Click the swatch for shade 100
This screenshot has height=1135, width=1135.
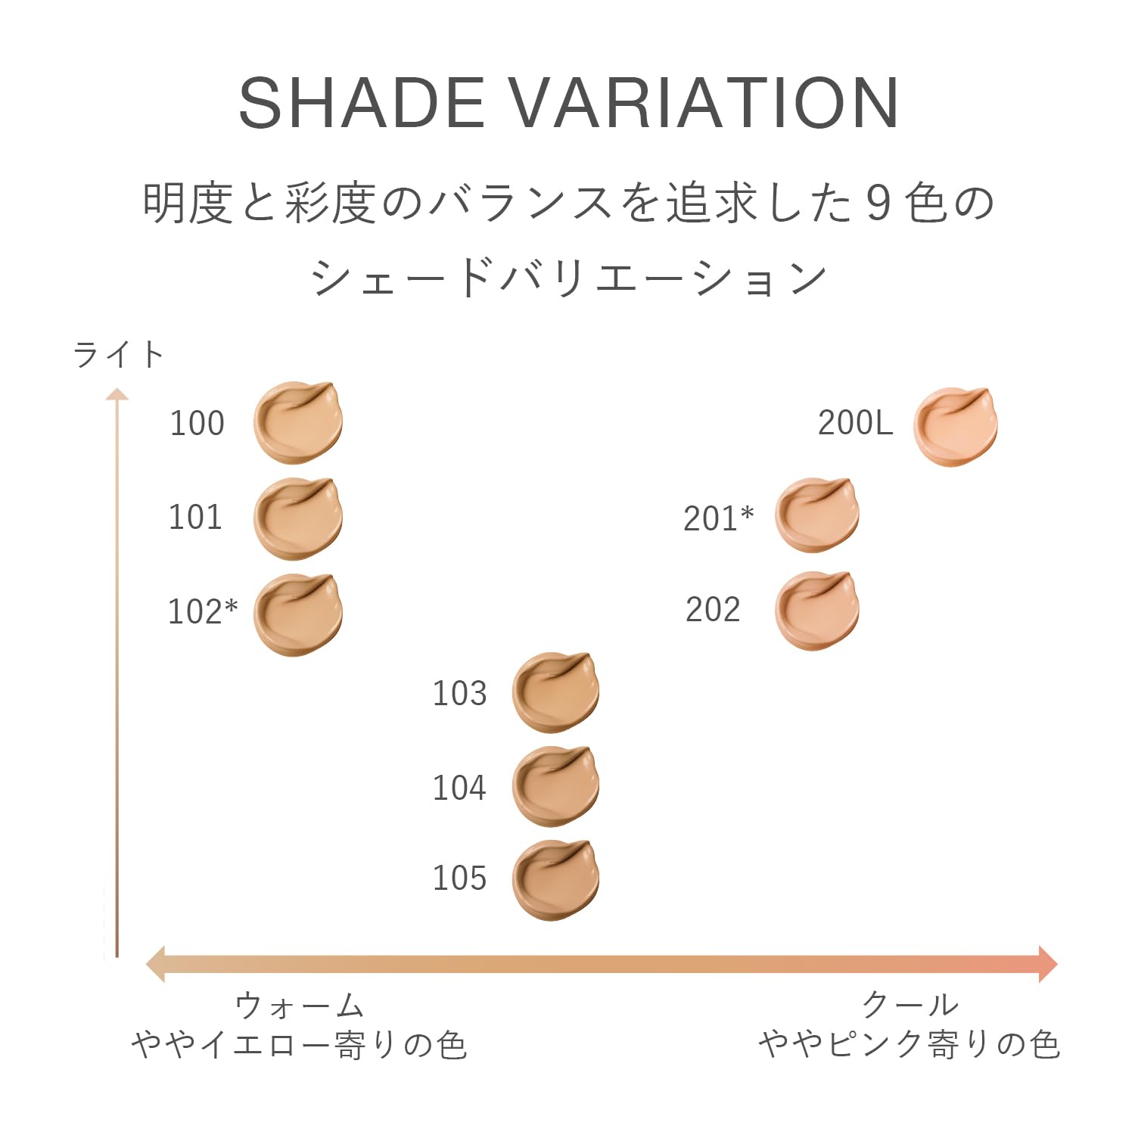click(298, 422)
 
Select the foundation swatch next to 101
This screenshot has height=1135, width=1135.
click(298, 518)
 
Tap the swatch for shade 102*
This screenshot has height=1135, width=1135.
click(298, 614)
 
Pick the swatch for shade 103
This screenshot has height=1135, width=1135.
click(555, 692)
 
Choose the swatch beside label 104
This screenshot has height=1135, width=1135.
click(555, 786)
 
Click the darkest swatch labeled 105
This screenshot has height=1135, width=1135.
click(555, 880)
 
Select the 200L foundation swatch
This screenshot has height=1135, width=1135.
click(956, 427)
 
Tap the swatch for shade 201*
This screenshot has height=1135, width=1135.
click(817, 515)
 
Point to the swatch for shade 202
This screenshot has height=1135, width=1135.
click(817, 611)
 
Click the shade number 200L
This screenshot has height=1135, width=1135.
click(855, 423)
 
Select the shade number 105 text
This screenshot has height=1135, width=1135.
click(459, 878)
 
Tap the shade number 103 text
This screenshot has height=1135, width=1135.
click(459, 693)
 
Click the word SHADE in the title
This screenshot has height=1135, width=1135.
click(361, 102)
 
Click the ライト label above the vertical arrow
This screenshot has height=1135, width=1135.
click(119, 354)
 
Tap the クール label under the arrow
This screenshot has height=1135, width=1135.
click(910, 1006)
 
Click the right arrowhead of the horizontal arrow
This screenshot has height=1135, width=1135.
click(1048, 964)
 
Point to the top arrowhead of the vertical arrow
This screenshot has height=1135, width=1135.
click(117, 393)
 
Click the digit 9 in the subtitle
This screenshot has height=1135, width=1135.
click(878, 204)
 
